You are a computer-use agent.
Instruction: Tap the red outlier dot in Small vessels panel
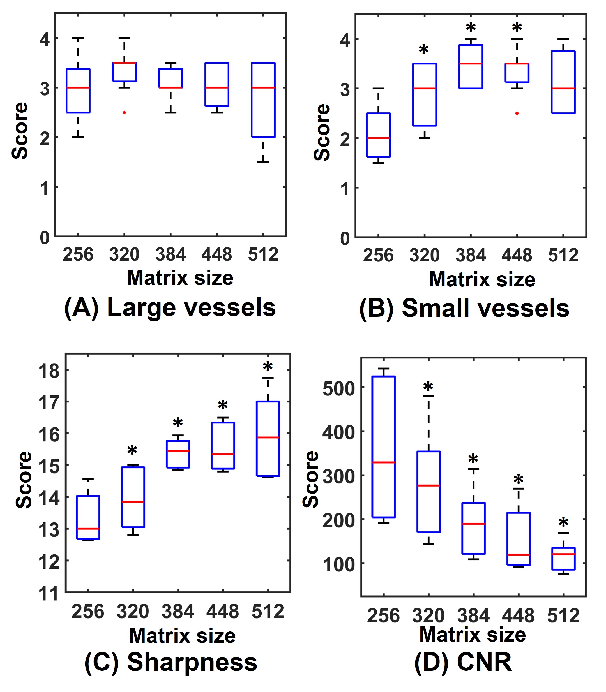[x=517, y=113]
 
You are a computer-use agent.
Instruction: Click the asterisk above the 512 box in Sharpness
[x=268, y=367]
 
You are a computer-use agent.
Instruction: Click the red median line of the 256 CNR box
[x=384, y=462]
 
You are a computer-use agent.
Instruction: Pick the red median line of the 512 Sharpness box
[x=268, y=438]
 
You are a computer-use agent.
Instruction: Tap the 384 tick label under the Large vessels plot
[x=170, y=254]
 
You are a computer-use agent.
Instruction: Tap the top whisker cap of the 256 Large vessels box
[x=78, y=38]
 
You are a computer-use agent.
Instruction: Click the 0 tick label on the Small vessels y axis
[x=345, y=239]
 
